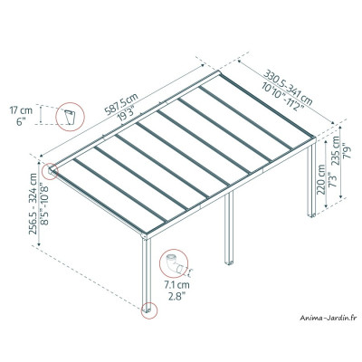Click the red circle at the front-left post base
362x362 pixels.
(147, 315)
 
